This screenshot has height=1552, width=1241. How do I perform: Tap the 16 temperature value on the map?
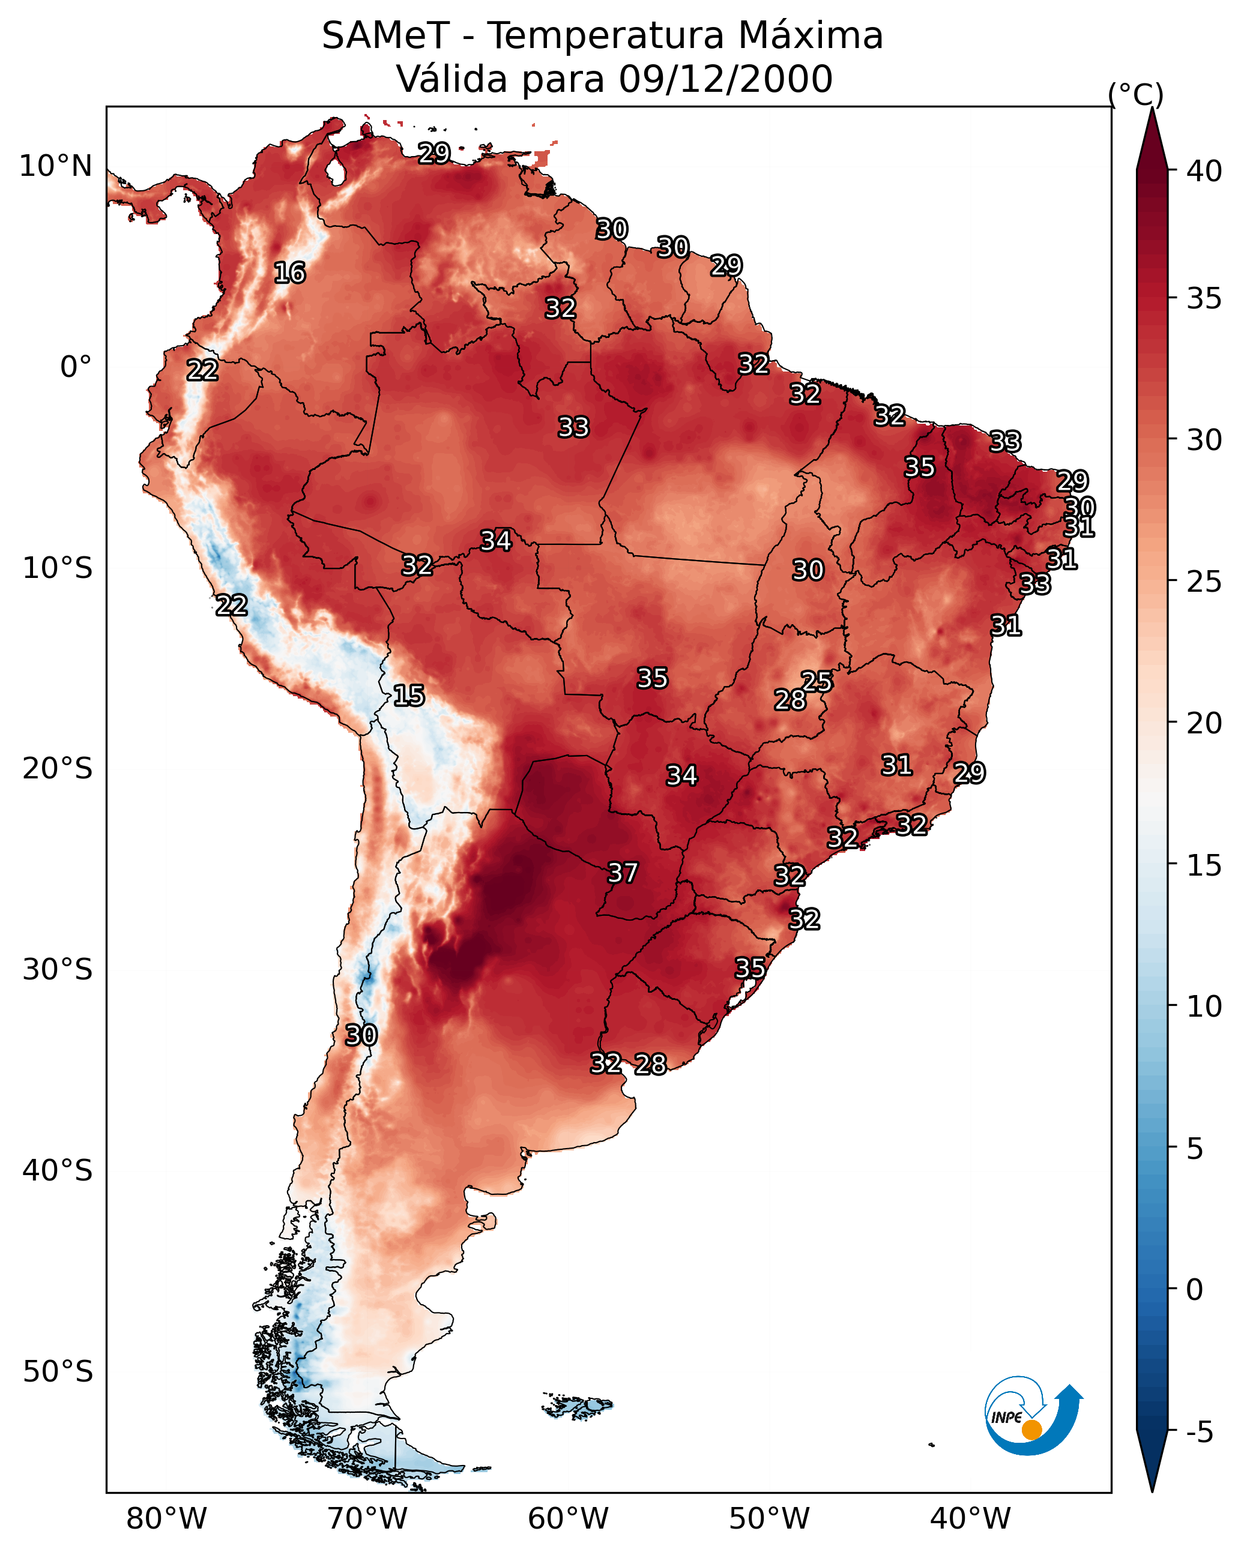[x=289, y=273]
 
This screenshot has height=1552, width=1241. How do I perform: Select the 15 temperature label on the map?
[x=408, y=696]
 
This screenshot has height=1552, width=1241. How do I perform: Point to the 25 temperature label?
[x=817, y=681]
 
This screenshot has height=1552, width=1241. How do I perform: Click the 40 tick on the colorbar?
[x=1204, y=171]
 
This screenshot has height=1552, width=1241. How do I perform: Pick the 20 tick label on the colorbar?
[x=1204, y=723]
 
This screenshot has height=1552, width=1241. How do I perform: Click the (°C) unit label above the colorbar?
[x=1136, y=95]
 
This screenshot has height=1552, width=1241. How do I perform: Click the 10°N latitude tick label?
[x=55, y=166]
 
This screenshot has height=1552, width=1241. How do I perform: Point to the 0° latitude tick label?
[x=76, y=367]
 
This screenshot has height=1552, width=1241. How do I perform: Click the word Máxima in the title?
[x=809, y=36]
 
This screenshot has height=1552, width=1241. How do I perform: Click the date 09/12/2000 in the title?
[x=725, y=79]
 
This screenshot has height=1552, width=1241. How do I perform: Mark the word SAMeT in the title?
[x=386, y=36]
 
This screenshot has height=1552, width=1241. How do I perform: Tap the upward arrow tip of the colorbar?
[x=1152, y=108]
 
